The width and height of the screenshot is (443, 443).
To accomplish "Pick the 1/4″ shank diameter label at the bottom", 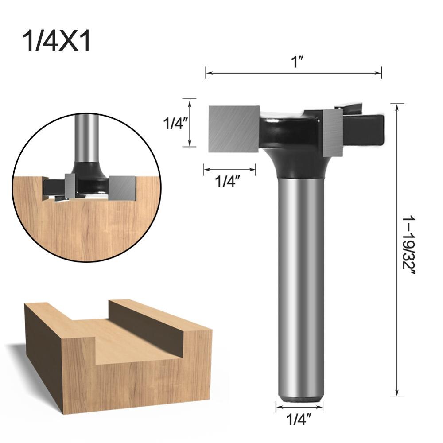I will click(x=299, y=418).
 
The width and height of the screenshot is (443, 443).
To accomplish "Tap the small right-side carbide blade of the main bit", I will click(x=333, y=133).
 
